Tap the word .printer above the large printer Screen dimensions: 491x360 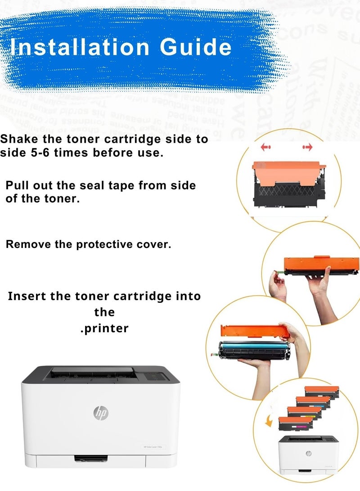104,329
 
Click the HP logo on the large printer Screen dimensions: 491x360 101,412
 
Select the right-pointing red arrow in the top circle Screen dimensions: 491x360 308,147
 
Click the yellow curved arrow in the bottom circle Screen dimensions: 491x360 270,421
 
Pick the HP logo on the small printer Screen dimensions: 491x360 308,453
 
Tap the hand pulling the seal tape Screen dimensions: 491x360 278,288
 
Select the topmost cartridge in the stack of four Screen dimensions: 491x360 321,391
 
